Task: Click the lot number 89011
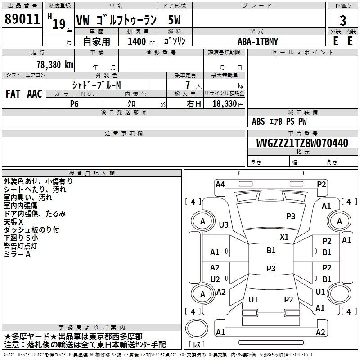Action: point(22,18)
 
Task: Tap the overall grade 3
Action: point(343,21)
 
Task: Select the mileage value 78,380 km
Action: point(55,65)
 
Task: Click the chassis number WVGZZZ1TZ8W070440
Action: point(302,143)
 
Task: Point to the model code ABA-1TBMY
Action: point(258,41)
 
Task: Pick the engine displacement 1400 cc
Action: point(141,41)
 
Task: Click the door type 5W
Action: point(174,20)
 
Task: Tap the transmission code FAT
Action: point(13,94)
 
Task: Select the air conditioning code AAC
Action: point(35,94)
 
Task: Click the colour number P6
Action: point(74,104)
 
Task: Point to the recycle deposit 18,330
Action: point(224,103)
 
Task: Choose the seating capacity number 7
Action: point(188,85)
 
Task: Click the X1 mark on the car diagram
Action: point(284,237)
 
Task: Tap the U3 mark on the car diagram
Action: point(223,225)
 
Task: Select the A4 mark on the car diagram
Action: point(220,184)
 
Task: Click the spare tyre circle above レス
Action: point(197,328)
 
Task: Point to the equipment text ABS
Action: point(258,121)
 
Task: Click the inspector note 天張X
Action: point(13,222)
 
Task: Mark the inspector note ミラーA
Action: point(17,254)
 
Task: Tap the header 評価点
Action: point(343,6)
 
